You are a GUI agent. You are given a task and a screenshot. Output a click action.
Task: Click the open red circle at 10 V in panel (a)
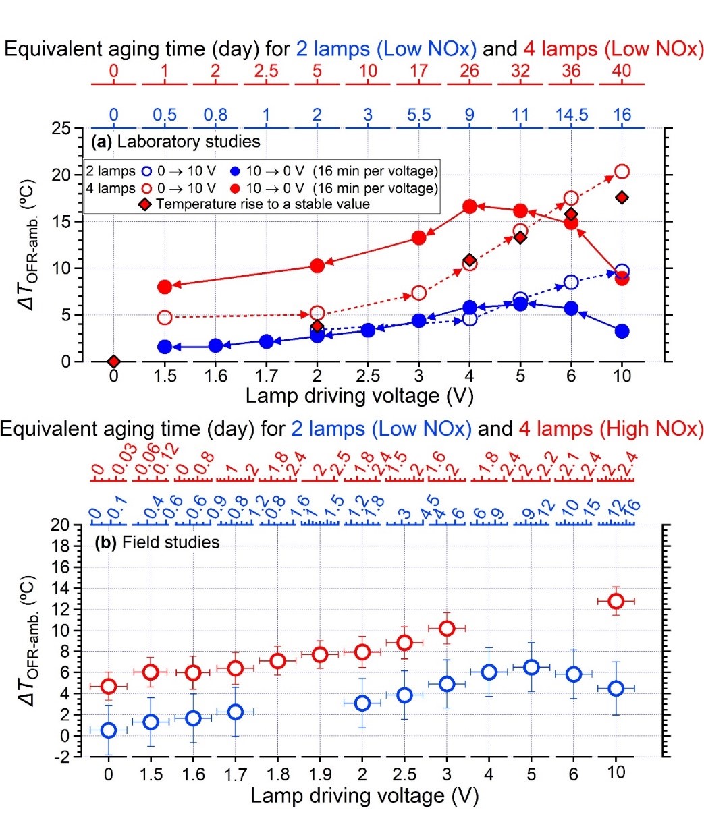pos(622,172)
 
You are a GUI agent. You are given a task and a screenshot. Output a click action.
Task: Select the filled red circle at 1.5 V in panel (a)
pos(165,287)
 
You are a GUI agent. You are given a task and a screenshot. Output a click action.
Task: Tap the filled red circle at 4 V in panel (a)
pos(470,207)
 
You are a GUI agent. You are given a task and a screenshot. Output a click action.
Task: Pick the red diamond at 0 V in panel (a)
pos(113,362)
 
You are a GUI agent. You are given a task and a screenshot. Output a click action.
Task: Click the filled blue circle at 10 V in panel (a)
pos(622,331)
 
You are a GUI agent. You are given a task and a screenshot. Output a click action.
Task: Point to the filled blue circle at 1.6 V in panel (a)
pos(215,345)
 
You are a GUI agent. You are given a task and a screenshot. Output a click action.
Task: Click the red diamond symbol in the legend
pos(144,204)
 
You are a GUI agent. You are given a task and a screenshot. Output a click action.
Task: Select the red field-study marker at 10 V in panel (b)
pos(616,600)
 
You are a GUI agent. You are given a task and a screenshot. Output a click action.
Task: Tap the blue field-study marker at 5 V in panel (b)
pos(531,667)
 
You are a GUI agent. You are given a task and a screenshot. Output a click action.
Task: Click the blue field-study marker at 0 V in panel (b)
pos(109,730)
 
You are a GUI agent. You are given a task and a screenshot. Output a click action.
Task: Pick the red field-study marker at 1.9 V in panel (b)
pos(320,654)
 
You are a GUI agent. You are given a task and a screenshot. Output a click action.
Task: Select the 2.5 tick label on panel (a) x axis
pos(368,376)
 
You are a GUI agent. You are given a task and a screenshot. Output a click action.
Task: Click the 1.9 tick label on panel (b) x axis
pos(320,774)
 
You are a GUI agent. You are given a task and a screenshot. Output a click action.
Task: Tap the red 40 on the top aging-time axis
pos(622,71)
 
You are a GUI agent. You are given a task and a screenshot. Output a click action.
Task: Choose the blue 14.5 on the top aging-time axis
pos(571,115)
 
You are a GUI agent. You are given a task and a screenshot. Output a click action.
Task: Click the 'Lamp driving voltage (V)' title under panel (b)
pos(364,796)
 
